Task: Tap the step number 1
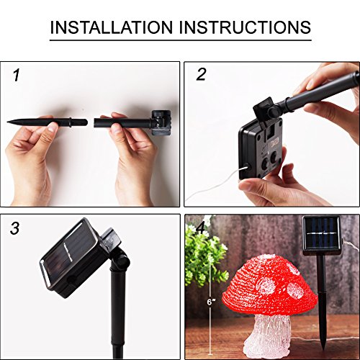(16, 75)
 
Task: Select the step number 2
(202, 75)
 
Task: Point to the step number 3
(15, 230)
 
